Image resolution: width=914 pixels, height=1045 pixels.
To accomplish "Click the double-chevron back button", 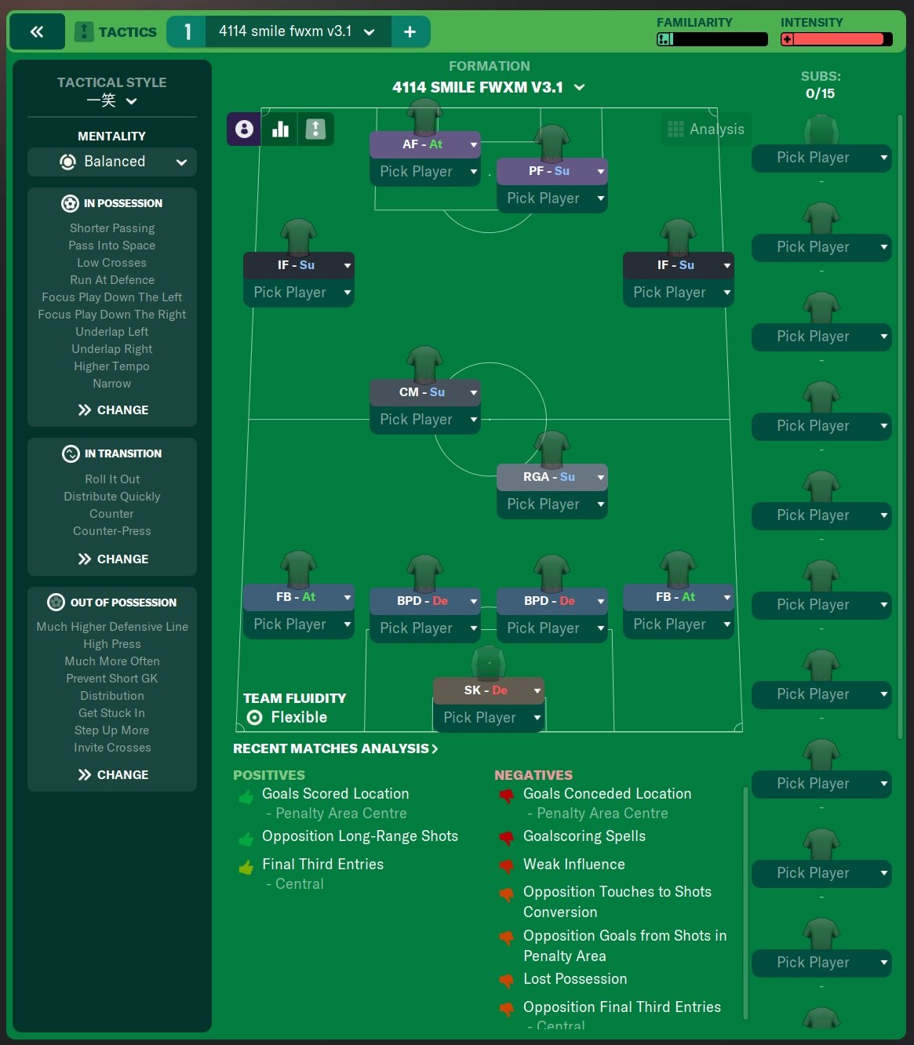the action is [37, 31].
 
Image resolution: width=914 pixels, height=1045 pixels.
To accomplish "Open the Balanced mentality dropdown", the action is [112, 162].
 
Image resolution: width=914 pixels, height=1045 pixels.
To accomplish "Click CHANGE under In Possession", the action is [113, 410].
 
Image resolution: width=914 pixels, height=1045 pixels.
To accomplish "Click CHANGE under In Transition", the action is [113, 559].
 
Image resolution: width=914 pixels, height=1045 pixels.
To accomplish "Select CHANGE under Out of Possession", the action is [113, 774].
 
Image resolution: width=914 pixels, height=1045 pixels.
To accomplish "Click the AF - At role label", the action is [422, 144].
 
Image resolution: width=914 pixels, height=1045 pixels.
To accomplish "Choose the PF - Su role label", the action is [549, 170].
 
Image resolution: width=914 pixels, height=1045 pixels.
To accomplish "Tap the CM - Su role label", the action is [422, 391].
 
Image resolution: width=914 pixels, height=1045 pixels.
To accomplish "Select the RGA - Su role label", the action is [549, 476].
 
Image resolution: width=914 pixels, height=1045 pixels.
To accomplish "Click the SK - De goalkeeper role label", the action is [486, 690].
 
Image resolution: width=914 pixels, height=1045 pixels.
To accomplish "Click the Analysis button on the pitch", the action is [706, 129].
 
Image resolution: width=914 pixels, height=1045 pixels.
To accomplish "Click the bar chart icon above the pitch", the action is [280, 129].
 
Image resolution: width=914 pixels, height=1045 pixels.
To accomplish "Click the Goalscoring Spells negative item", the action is [584, 836].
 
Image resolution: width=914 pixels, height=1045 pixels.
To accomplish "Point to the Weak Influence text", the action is [574, 864].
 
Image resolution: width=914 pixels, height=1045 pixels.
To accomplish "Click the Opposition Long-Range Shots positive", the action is [360, 836].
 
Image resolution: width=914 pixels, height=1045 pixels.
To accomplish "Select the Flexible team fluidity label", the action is [299, 717].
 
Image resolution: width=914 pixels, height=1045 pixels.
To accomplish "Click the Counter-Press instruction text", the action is [112, 530].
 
